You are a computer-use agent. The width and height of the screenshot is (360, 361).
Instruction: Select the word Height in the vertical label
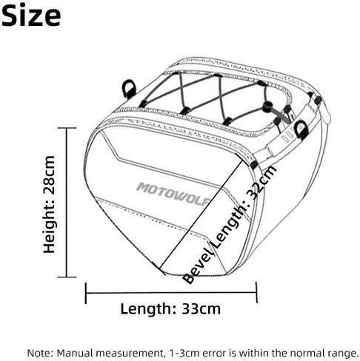click(49, 226)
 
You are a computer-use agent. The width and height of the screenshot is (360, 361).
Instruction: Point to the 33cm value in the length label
click(201, 308)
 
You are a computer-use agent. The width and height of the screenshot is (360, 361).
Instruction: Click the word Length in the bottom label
click(148, 308)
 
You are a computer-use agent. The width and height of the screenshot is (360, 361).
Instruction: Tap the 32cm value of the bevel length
click(262, 183)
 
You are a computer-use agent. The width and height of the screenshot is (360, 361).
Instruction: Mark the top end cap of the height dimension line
click(67, 128)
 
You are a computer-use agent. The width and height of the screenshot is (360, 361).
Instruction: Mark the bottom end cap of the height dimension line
click(67, 277)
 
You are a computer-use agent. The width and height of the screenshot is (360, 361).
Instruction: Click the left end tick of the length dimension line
click(86, 293)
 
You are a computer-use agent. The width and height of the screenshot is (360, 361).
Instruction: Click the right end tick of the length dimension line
click(256, 292)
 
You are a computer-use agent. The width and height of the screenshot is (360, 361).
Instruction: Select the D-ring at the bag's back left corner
click(129, 90)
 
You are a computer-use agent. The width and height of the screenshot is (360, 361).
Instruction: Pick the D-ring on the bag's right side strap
click(301, 129)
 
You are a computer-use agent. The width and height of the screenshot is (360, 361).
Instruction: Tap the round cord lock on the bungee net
click(267, 107)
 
